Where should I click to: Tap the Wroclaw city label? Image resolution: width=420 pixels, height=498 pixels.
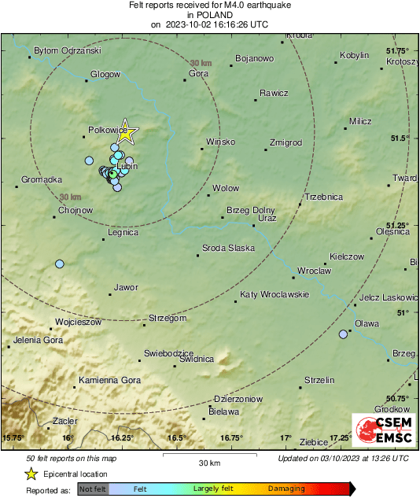click(x=314, y=271)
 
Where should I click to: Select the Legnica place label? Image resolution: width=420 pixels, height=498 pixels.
click(x=123, y=232)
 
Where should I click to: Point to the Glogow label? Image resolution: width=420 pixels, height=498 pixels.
click(x=105, y=74)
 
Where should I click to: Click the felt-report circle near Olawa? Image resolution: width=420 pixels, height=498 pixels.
click(x=343, y=334)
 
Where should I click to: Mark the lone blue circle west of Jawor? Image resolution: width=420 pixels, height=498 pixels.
click(x=59, y=264)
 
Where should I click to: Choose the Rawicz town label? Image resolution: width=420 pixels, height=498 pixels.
click(x=274, y=92)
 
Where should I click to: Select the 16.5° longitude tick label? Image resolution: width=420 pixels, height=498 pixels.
click(x=175, y=438)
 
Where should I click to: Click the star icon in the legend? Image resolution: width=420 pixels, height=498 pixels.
click(x=31, y=474)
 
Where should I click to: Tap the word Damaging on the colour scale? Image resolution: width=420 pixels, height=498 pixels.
click(x=286, y=489)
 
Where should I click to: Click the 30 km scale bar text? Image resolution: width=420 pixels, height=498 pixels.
click(x=208, y=461)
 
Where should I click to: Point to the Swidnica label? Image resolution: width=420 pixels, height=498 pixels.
click(x=197, y=360)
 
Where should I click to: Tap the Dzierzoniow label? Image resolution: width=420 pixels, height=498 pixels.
click(x=238, y=399)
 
